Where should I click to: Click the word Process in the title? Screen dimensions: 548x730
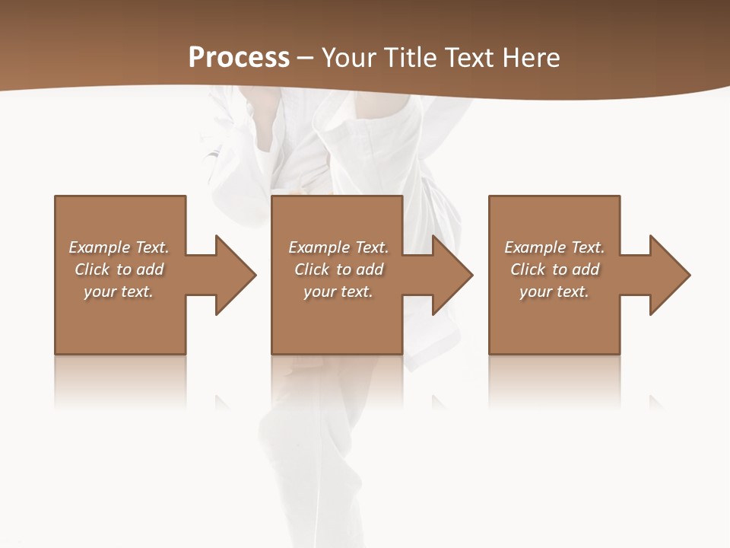point(239,58)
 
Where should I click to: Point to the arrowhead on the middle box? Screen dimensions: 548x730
point(452,275)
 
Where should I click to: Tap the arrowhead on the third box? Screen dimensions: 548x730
point(668,275)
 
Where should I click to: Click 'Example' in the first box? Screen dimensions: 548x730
point(100,247)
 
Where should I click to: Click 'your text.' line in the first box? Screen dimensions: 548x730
point(119,292)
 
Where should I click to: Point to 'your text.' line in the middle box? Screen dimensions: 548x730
point(338,292)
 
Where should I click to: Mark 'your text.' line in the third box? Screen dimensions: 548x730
point(554,292)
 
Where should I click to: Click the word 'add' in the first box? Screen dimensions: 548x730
point(150,269)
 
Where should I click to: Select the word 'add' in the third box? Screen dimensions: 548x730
point(586,269)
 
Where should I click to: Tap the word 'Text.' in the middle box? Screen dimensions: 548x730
point(372,247)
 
